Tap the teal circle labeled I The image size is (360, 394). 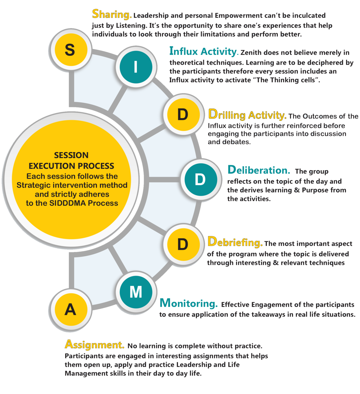(136, 67)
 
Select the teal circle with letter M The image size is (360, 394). (136, 292)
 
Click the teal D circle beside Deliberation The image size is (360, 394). (201, 180)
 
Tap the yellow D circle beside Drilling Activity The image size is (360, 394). (183, 114)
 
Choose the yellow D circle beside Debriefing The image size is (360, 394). (183, 244)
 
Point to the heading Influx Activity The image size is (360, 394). (203, 51)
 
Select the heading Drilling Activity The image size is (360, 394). (247, 115)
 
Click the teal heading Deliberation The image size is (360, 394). (259, 170)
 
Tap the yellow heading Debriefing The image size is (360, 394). (235, 242)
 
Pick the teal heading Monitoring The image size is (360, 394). (189, 303)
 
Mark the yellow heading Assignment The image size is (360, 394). (94, 344)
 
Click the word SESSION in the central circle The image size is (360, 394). (71, 155)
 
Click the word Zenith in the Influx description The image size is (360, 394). (251, 53)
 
